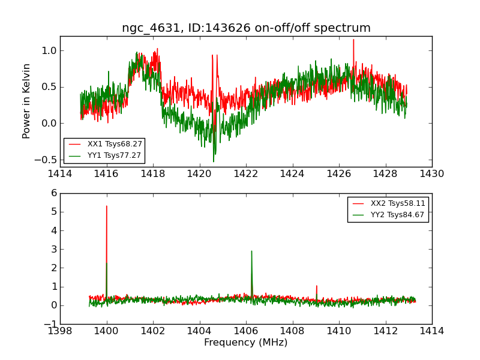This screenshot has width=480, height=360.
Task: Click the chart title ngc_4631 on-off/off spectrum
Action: (246, 28)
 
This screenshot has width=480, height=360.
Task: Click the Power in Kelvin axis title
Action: (26, 101)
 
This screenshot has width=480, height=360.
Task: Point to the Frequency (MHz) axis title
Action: (246, 343)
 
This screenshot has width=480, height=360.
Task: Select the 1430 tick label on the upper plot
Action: (431, 174)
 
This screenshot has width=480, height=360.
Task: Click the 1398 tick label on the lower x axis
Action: (60, 331)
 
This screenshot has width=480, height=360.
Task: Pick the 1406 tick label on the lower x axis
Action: (245, 331)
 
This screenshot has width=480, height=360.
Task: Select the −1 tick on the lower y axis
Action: (50, 324)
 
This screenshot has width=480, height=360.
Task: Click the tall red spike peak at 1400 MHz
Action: (107, 206)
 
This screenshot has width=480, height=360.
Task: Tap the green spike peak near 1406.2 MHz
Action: (251, 251)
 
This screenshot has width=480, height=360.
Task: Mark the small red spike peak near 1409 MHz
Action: (316, 286)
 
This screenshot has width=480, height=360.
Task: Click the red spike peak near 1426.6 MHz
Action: (353, 40)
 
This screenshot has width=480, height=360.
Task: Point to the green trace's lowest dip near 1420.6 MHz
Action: (213, 161)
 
